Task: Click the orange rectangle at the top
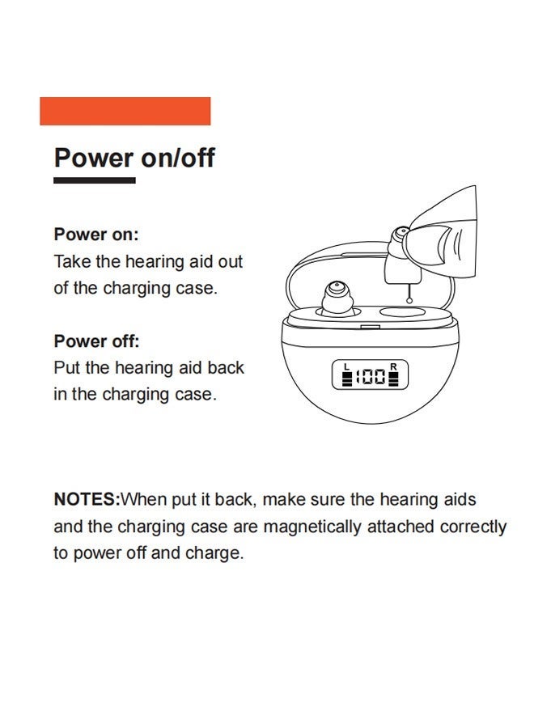pyautogui.click(x=125, y=111)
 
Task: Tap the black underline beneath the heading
pyautogui.click(x=94, y=180)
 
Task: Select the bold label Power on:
pyautogui.click(x=96, y=235)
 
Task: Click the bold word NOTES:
pyautogui.click(x=87, y=499)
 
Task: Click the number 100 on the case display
pyautogui.click(x=371, y=376)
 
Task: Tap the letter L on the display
pyautogui.click(x=346, y=366)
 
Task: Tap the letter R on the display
pyautogui.click(x=393, y=366)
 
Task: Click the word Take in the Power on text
pyautogui.click(x=70, y=262)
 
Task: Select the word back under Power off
pyautogui.click(x=227, y=368)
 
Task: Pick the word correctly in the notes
pyautogui.click(x=473, y=527)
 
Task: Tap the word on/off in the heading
pyautogui.click(x=178, y=157)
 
